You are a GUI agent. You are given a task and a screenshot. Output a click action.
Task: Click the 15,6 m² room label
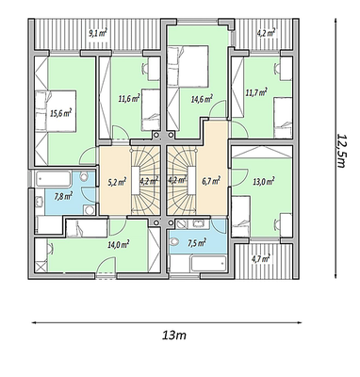[x=61, y=113]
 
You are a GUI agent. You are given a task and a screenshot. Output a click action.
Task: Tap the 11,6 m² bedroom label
[x=129, y=99]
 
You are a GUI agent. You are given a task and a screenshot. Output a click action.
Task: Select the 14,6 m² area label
[x=202, y=99]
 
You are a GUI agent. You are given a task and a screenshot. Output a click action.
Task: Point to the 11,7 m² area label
[x=256, y=92]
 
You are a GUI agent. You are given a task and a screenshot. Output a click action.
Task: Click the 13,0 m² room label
[x=264, y=181]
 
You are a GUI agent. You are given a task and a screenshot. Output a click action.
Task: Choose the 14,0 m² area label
[x=119, y=244]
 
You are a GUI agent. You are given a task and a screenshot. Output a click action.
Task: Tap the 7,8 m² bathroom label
[x=63, y=197]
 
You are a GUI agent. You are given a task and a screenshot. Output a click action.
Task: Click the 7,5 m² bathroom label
[x=197, y=242]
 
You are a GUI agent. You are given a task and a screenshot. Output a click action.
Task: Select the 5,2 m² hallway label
[x=117, y=181]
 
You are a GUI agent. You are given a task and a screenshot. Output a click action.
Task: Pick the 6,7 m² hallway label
[x=211, y=181]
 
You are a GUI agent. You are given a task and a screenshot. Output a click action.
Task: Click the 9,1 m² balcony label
[x=98, y=33]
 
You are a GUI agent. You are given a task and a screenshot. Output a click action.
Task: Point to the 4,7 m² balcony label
[x=261, y=259]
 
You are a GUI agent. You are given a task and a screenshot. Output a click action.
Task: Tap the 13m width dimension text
[x=174, y=336]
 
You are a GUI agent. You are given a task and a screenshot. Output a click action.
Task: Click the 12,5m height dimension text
[x=341, y=150]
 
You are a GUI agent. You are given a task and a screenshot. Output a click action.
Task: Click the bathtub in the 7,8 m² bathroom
[x=53, y=179]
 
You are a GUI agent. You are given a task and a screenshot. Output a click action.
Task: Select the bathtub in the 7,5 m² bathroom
[x=209, y=263]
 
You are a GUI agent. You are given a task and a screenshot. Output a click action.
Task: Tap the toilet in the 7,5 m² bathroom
[x=174, y=242]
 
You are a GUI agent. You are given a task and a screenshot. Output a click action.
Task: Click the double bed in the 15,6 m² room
[x=56, y=111]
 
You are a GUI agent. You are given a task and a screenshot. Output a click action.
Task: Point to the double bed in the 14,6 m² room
[x=188, y=66]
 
